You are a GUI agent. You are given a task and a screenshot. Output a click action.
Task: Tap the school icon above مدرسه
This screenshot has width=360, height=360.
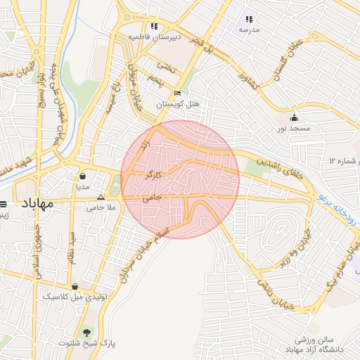[x=248, y=20]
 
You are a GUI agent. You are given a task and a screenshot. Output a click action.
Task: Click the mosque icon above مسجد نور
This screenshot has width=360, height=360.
[x=294, y=117]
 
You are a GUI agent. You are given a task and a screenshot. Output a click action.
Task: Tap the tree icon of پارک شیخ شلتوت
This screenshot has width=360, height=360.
[x=87, y=332]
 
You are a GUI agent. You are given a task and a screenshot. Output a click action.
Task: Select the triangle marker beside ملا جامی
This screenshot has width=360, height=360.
[x=101, y=198]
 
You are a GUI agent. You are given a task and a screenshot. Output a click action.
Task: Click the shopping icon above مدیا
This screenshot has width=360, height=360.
[x=83, y=176]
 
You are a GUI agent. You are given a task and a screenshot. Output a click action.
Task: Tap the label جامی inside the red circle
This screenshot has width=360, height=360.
[x=152, y=198]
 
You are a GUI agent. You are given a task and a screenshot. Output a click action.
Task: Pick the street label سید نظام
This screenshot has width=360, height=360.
[x=70, y=247]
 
